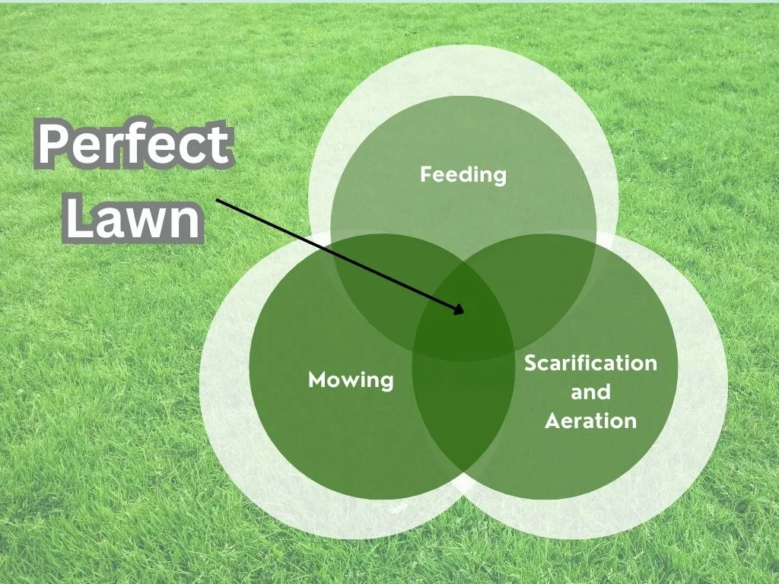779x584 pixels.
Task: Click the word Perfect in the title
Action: [x=134, y=144]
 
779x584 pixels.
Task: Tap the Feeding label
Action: [x=463, y=175]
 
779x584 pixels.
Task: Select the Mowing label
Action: [x=351, y=380]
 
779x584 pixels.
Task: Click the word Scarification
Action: [x=590, y=363]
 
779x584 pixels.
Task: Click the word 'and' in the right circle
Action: [x=590, y=392]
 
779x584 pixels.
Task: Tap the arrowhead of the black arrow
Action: [x=459, y=309]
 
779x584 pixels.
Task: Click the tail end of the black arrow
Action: [x=217, y=200]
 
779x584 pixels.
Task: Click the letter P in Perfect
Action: [x=52, y=144]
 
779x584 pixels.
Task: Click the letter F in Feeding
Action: [x=427, y=174]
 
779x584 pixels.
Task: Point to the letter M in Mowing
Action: [x=318, y=380]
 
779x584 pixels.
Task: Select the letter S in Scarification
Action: [x=532, y=363]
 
